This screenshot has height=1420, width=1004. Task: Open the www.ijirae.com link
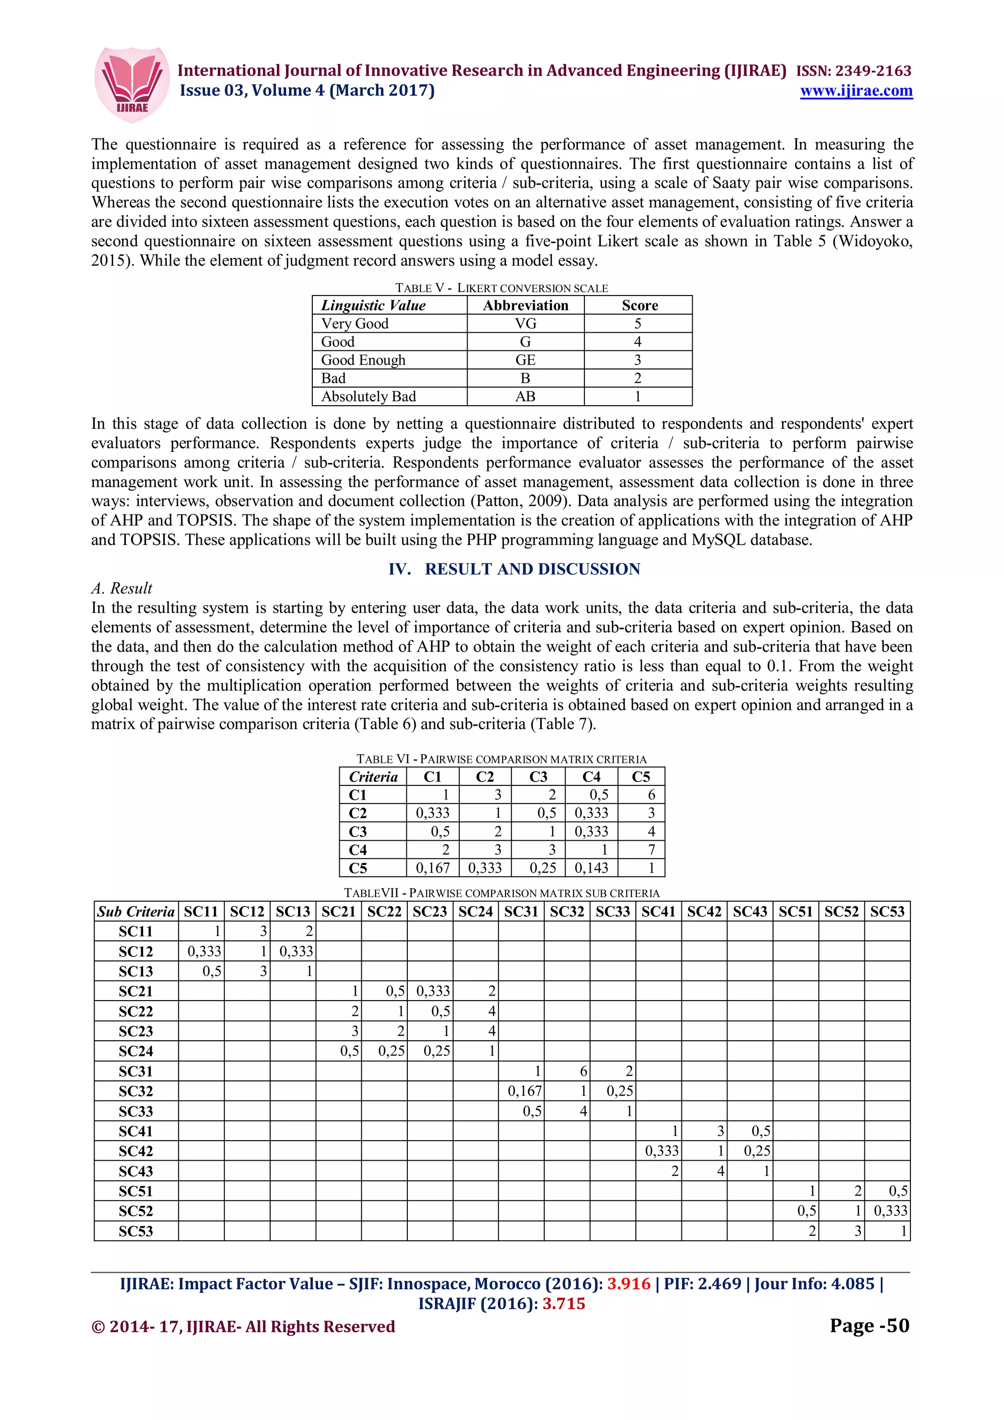855,91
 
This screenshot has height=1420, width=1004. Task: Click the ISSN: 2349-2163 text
853,71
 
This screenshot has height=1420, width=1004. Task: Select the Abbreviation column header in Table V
525,306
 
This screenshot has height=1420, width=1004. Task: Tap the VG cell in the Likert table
525,323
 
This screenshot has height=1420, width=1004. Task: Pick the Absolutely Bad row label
368,396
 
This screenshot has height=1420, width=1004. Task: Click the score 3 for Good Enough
637,360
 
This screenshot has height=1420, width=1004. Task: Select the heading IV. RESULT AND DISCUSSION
514,569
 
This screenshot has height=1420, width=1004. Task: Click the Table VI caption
501,759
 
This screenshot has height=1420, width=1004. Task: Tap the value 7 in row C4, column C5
651,850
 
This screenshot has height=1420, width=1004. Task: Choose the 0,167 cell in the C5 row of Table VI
432,868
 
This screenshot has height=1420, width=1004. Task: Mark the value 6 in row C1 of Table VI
651,795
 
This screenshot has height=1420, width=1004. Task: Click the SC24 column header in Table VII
475,911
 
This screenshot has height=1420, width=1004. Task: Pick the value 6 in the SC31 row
583,1071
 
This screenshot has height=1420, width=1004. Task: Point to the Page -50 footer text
869,1326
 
